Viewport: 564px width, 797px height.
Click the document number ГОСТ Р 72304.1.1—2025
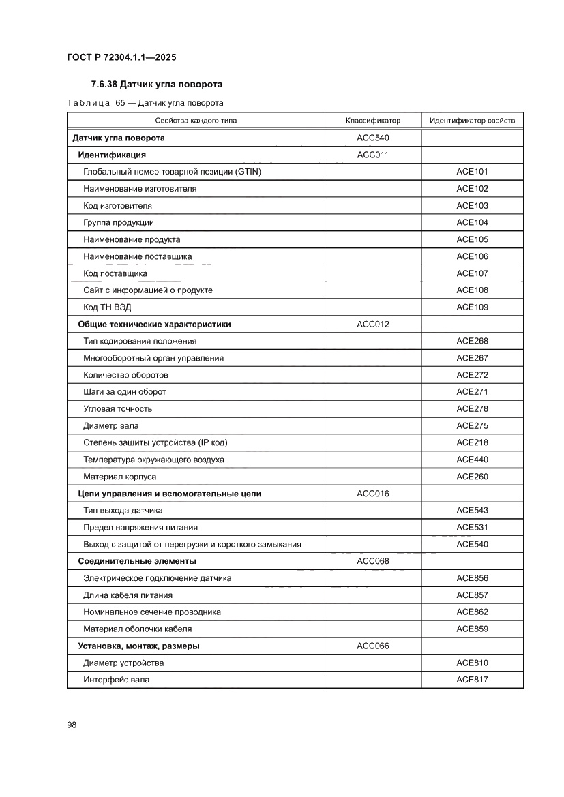pos(121,58)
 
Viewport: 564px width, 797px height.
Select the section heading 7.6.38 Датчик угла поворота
pos(157,85)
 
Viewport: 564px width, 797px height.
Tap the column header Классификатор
pos(373,121)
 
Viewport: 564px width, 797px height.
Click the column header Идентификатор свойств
pos(472,121)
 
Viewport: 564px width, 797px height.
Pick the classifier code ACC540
pos(373,138)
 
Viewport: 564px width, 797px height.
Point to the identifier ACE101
pos(472,172)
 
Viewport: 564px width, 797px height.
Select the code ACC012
pos(373,325)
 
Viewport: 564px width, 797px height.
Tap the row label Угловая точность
pos(117,409)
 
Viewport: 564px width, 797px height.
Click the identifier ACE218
pos(472,443)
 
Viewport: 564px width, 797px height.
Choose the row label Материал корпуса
pos(119,477)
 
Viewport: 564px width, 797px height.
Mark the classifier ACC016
pos(373,494)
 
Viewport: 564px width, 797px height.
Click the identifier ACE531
pos(472,528)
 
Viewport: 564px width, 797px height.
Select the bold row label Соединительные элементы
pos(137,561)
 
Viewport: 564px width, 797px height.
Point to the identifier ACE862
pos(472,612)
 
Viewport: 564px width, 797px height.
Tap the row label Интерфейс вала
pos(116,680)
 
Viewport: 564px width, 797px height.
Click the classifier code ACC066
pos(373,646)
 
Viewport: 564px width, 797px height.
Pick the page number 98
pos(72,725)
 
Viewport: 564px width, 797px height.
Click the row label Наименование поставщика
pos(137,256)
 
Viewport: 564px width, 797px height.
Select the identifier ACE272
pos(472,375)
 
